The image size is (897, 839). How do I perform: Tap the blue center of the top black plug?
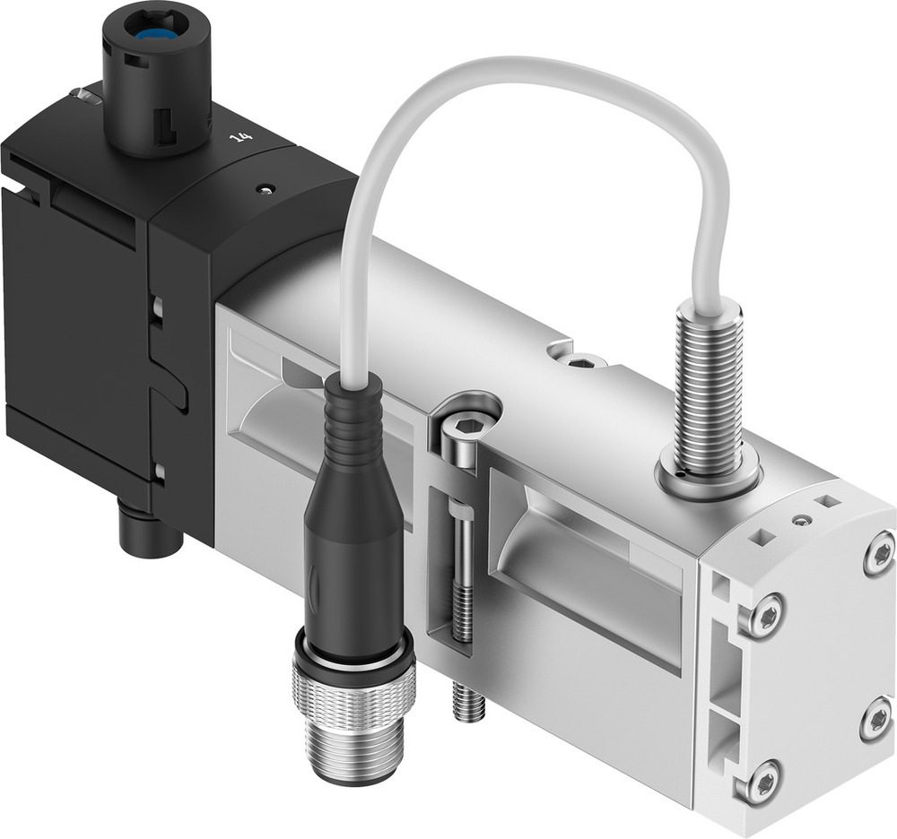pos(158,35)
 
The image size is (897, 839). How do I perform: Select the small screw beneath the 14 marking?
pos(263,189)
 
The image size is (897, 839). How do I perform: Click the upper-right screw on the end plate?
pos(879,554)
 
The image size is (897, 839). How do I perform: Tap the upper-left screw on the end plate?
pos(764,616)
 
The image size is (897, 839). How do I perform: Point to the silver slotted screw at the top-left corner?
pos(85,94)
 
